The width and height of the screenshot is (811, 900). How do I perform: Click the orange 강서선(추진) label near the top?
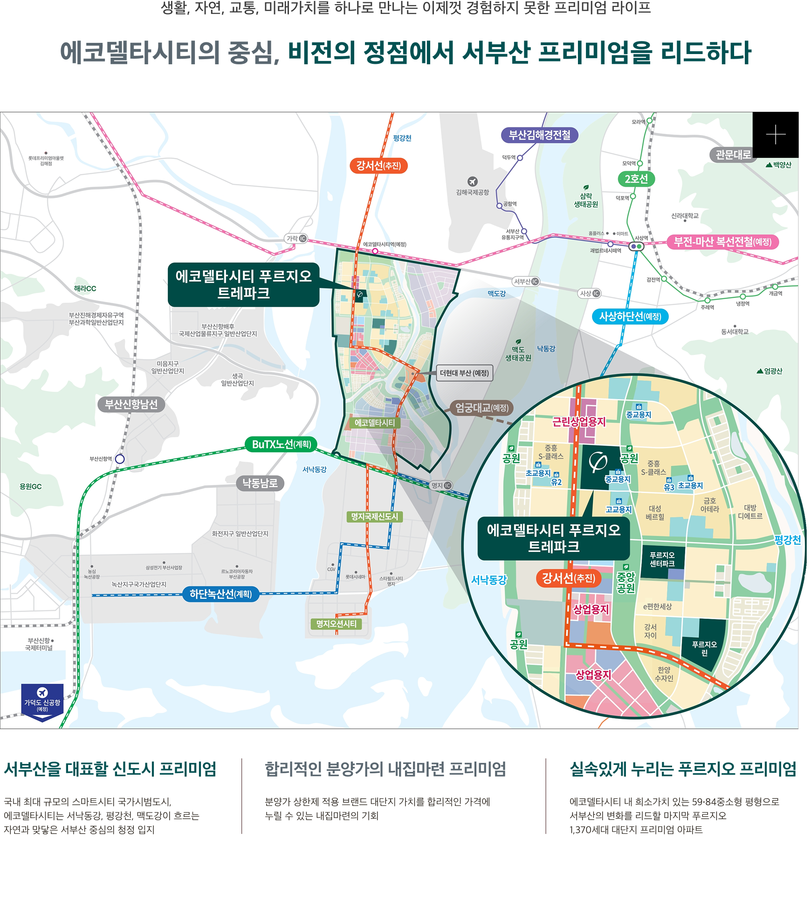pyautogui.click(x=378, y=166)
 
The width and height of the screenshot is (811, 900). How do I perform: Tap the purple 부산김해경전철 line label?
pyautogui.click(x=539, y=135)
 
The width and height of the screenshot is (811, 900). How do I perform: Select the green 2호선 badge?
pyautogui.click(x=636, y=179)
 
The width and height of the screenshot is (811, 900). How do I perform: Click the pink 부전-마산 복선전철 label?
pyautogui.click(x=722, y=242)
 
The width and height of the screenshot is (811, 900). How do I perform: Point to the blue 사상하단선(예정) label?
pyautogui.click(x=630, y=317)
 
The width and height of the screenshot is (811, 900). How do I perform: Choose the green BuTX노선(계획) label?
pyautogui.click(x=282, y=444)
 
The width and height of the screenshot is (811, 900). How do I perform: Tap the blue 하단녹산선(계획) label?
pyautogui.click(x=220, y=594)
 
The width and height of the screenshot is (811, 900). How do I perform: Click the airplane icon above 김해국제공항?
pyautogui.click(x=473, y=181)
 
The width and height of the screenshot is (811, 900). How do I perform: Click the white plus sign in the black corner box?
pyautogui.click(x=776, y=135)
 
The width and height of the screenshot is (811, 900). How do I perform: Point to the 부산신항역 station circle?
pyautogui.click(x=120, y=459)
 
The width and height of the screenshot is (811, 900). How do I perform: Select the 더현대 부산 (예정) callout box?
pyautogui.click(x=464, y=373)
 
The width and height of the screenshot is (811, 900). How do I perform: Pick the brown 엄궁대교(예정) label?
pyautogui.click(x=481, y=408)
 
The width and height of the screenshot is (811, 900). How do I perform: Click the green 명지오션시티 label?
pyautogui.click(x=336, y=624)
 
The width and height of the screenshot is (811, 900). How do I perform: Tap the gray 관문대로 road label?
pyautogui.click(x=733, y=155)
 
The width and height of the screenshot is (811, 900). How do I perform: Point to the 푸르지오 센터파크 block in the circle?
pyautogui.click(x=662, y=559)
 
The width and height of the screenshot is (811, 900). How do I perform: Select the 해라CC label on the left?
pyautogui.click(x=85, y=289)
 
